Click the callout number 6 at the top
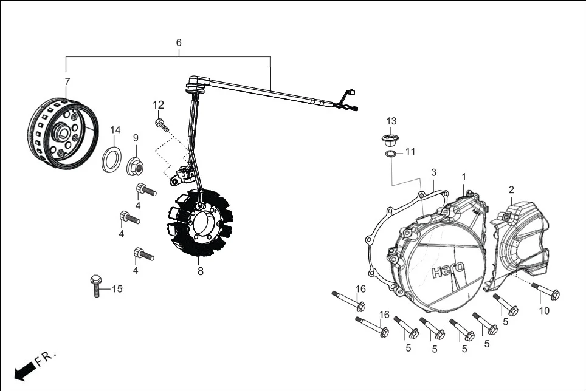tap(179, 43)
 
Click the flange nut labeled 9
tap(136, 165)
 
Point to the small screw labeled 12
tap(162, 124)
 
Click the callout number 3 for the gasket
tap(433, 172)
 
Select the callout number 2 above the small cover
tap(511, 189)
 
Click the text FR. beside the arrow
tap(46, 358)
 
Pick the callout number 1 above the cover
tap(463, 177)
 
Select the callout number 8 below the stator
tap(200, 271)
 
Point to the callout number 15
tap(117, 288)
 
